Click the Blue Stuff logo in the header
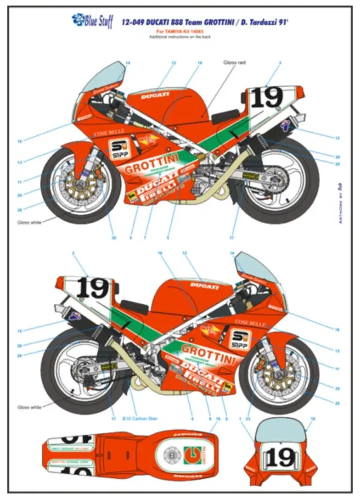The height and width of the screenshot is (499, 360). (x=92, y=21)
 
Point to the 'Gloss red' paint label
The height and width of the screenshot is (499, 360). (x=235, y=62)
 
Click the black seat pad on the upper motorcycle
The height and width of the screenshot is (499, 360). (x=226, y=117)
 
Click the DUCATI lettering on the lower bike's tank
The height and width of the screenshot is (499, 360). (x=203, y=286)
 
